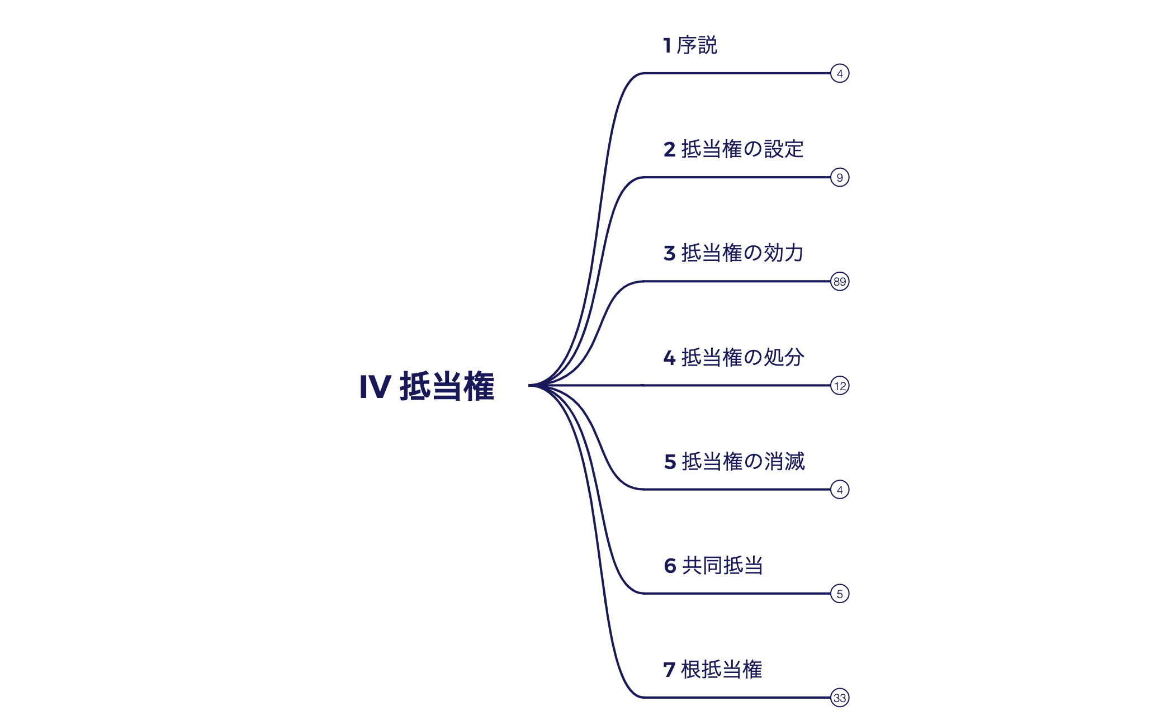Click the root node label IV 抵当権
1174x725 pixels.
coord(427,386)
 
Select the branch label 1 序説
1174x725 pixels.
coord(690,45)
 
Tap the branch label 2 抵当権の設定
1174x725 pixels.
coord(733,149)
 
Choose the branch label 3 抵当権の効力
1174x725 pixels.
coord(733,253)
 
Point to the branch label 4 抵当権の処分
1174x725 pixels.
coord(733,357)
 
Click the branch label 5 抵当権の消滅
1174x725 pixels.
coord(734,462)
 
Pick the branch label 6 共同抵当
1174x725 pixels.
coord(713,566)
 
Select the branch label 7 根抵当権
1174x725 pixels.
coord(713,670)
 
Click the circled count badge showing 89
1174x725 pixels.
coord(840,282)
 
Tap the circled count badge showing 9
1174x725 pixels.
coord(840,178)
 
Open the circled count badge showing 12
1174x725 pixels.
coord(840,386)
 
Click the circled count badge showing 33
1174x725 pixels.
coord(840,698)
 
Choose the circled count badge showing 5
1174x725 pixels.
coord(840,594)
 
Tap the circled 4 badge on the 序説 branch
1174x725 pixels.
coord(840,74)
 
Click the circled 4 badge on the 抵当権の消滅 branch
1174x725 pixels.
coord(840,490)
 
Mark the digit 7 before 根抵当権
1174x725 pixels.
coord(669,670)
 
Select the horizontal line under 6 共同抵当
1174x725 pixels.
coord(738,593)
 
